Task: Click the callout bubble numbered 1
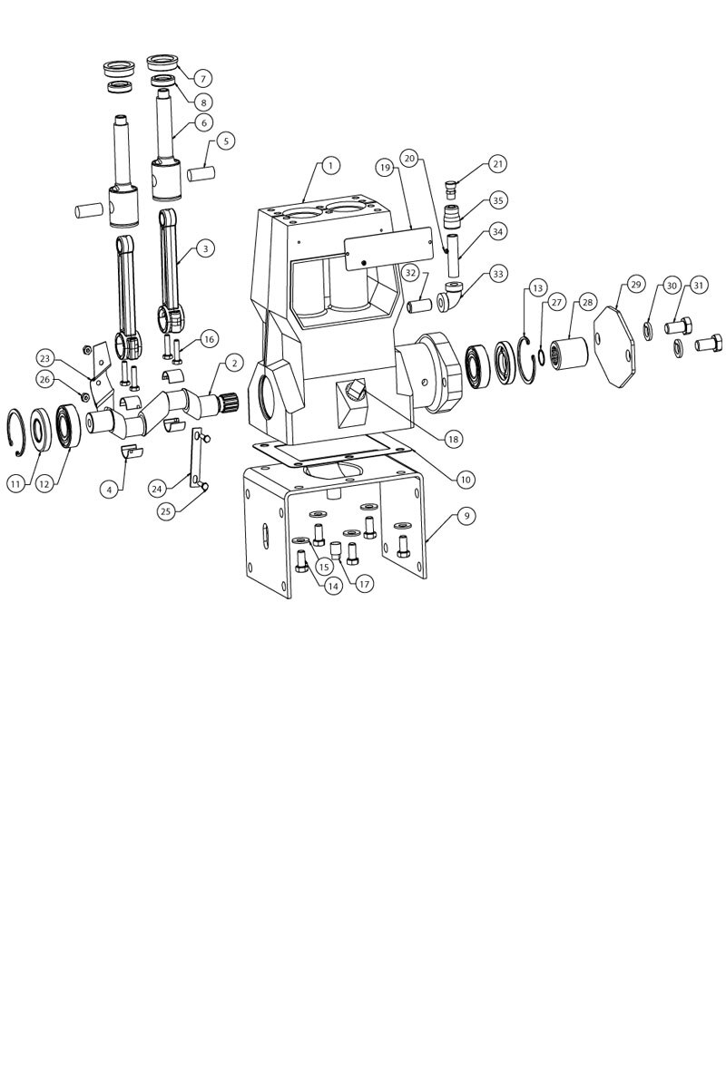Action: (x=330, y=166)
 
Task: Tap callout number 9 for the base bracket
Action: (x=466, y=515)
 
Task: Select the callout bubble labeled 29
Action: (x=636, y=285)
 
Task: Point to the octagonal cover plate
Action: (x=614, y=346)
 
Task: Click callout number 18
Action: (x=453, y=439)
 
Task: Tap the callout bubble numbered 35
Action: (x=497, y=200)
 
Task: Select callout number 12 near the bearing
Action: (x=44, y=484)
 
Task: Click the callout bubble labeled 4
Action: (x=109, y=491)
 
